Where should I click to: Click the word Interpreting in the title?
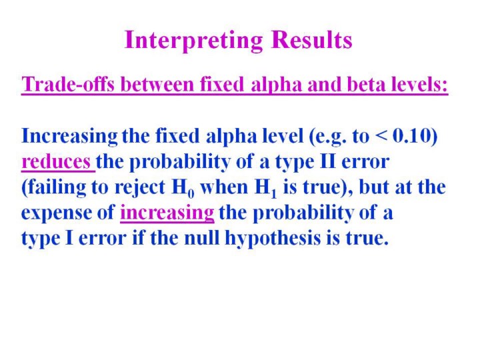coord(194,41)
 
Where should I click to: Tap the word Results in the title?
coord(311,39)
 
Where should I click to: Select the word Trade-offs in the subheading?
coord(68,84)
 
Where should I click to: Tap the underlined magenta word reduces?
coord(56,162)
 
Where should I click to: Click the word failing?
coord(56,187)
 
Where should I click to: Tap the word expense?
coord(56,213)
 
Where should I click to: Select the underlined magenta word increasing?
coord(167,213)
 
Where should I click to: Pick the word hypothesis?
coord(273,239)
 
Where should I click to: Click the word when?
coord(224,187)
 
